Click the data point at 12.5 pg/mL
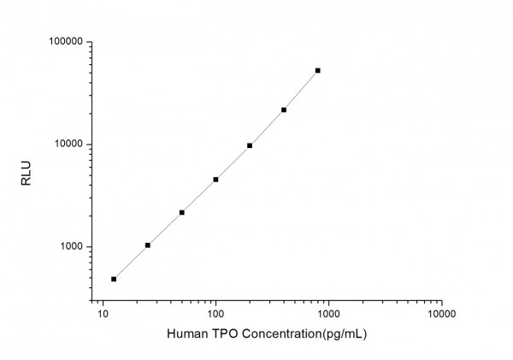(114, 279)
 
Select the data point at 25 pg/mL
(148, 245)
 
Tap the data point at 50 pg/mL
(182, 212)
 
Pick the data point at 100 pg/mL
(215, 180)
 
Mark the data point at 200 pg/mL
(250, 145)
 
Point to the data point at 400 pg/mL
(284, 109)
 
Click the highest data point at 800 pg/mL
(318, 70)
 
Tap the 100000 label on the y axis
(64, 42)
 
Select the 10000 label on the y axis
(67, 145)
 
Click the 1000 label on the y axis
(69, 247)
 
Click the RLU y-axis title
(25, 178)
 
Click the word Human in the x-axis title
(186, 333)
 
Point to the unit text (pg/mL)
(342, 333)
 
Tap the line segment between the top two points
(301, 90)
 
